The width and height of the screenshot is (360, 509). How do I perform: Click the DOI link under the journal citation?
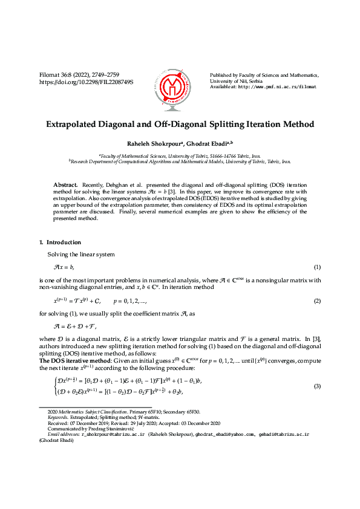[86, 82]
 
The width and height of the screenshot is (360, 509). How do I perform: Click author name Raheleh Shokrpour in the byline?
[150, 144]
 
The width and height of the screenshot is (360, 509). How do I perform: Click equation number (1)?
[316, 267]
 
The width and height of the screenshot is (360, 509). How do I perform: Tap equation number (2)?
[316, 300]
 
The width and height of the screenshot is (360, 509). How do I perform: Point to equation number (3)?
[316, 386]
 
